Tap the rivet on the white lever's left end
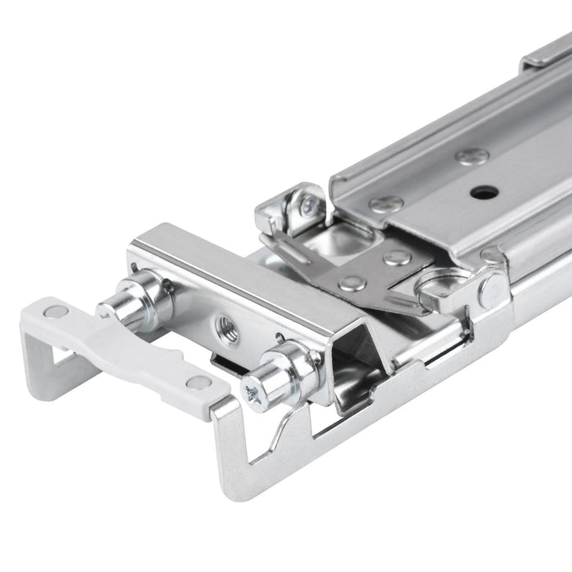point(56,311)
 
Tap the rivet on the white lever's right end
point(199,382)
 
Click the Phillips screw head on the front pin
point(255,398)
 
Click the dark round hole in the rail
point(484,193)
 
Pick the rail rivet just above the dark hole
point(472,156)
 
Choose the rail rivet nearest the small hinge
point(384,204)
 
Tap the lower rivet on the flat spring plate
point(352,284)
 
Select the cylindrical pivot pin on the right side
point(492,290)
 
